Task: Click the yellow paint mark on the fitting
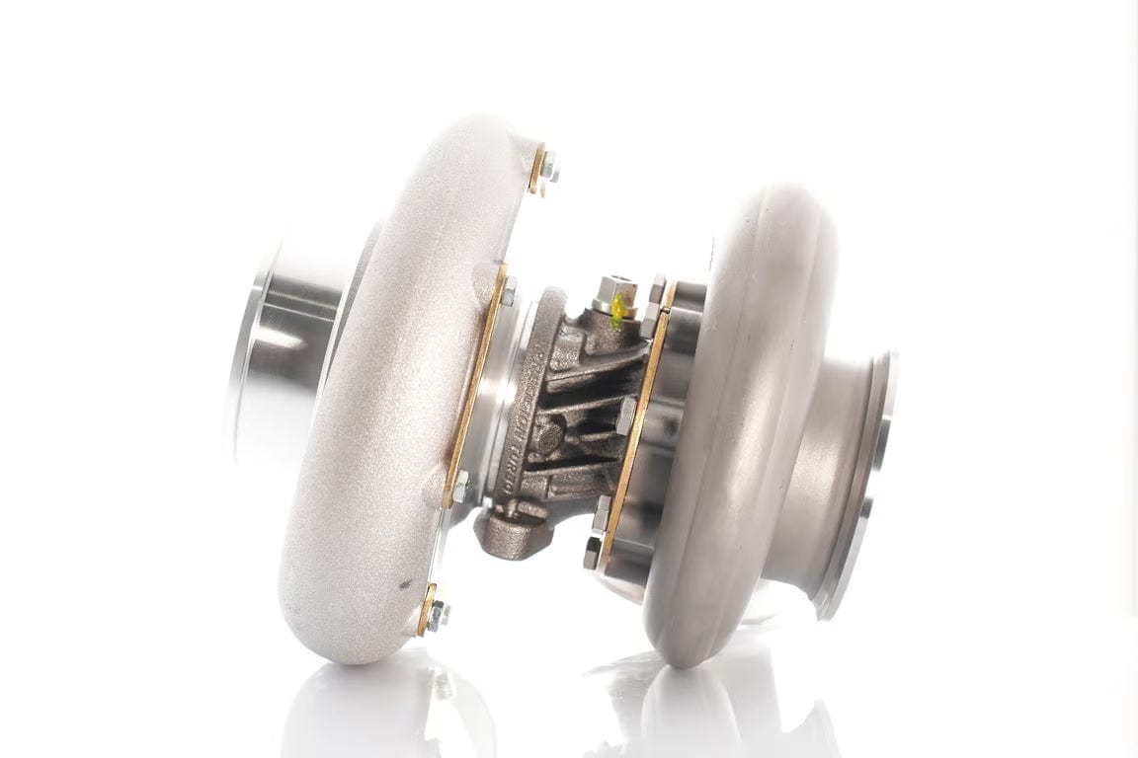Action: (x=618, y=308)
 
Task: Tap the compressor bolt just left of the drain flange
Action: (x=461, y=486)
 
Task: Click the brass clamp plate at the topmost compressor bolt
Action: (x=537, y=168)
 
